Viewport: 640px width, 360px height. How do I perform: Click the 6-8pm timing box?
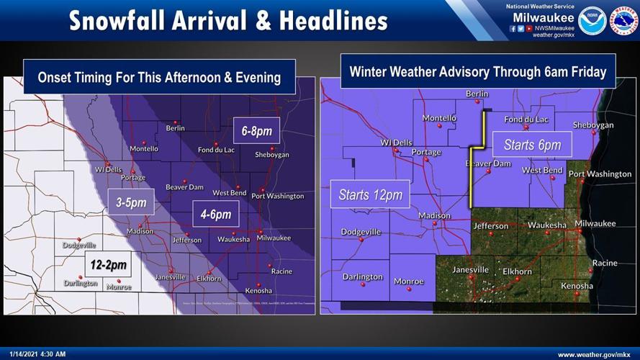pyautogui.click(x=257, y=131)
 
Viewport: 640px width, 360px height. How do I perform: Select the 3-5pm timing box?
pyautogui.click(x=132, y=203)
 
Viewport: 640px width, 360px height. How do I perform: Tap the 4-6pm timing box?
pyautogui.click(x=216, y=214)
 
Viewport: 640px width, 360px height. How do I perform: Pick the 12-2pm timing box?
pyautogui.click(x=109, y=265)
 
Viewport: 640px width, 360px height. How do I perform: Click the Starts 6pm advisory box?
pyautogui.click(x=532, y=145)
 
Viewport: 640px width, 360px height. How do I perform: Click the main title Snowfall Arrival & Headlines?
pyautogui.click(x=228, y=20)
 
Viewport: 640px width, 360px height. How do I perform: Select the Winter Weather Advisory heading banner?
pyautogui.click(x=477, y=72)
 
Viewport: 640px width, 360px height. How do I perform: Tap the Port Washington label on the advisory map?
pyautogui.click(x=600, y=174)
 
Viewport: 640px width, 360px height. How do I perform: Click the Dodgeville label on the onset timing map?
pyautogui.click(x=79, y=245)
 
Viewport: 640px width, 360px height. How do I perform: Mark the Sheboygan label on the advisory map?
pyautogui.click(x=593, y=125)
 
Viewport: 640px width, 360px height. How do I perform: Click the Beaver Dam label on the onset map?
pyautogui.click(x=184, y=187)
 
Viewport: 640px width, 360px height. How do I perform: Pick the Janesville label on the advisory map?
pyautogui.click(x=470, y=270)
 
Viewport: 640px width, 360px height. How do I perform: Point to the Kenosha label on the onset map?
pyautogui.click(x=258, y=291)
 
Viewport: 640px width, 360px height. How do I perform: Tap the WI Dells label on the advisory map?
pyautogui.click(x=396, y=143)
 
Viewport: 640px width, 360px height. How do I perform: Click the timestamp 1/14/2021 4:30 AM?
pyautogui.click(x=35, y=354)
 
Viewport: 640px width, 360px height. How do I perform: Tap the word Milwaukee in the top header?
pyautogui.click(x=544, y=17)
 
